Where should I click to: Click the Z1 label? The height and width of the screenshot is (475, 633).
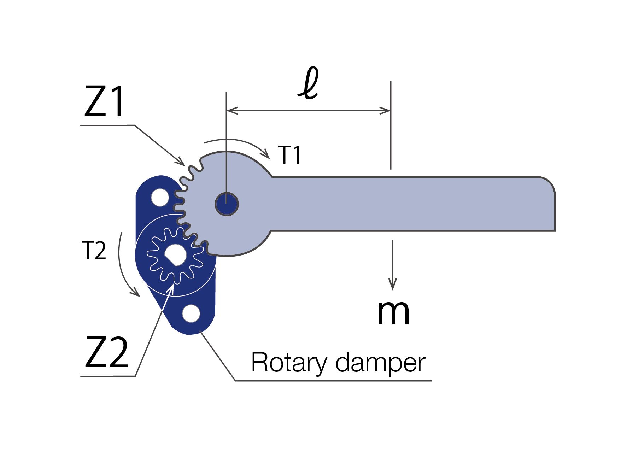(x=104, y=102)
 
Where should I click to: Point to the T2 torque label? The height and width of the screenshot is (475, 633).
(x=94, y=251)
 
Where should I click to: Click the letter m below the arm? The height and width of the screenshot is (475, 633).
(x=393, y=313)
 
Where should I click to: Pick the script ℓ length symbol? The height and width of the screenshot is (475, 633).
(x=309, y=83)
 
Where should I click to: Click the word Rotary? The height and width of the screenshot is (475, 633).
(x=289, y=363)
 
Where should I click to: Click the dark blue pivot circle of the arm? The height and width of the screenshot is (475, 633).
(x=227, y=204)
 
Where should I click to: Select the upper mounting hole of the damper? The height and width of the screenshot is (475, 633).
(x=160, y=198)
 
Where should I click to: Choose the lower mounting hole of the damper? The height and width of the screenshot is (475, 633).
(x=191, y=313)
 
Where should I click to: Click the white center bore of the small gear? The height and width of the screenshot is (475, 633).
(x=176, y=254)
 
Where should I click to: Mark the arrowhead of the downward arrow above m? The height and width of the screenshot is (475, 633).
(x=392, y=285)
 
